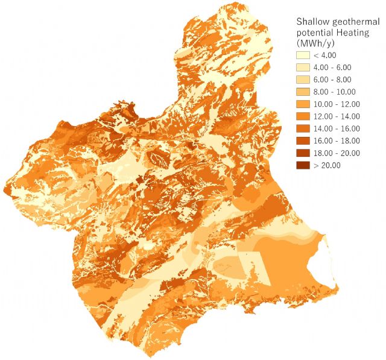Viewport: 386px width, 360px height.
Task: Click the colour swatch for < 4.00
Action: [302, 55]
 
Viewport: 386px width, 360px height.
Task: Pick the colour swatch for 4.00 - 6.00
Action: [302, 67]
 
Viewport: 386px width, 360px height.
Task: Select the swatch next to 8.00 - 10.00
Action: [302, 92]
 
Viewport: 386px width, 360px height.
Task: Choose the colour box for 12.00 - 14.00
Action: [302, 116]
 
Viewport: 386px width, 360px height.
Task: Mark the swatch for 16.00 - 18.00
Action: [302, 141]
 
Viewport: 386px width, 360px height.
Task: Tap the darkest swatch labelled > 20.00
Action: [302, 165]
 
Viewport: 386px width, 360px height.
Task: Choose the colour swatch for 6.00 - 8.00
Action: [302, 80]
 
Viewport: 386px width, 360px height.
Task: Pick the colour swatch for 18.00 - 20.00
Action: [302, 153]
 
